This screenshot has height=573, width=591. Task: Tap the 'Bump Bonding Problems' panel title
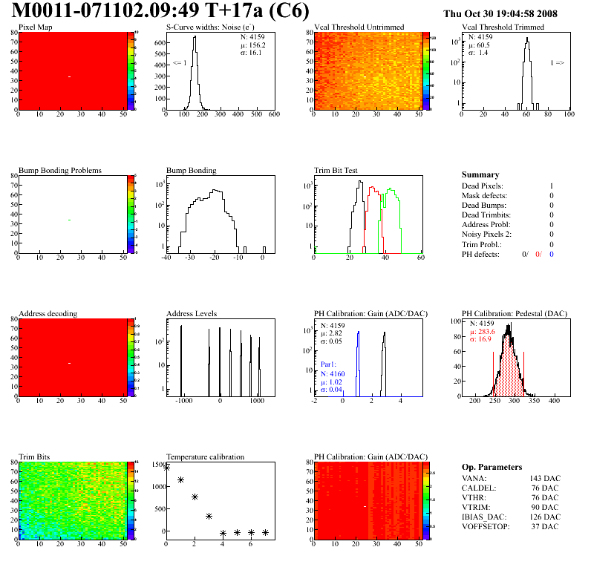(x=60, y=170)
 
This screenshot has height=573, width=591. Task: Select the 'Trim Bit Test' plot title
(x=336, y=170)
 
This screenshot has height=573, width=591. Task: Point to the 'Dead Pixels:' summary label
(x=482, y=186)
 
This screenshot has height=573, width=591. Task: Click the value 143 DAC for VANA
(x=545, y=479)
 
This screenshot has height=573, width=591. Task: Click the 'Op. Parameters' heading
(x=492, y=467)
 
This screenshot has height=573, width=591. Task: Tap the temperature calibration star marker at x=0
(x=166, y=468)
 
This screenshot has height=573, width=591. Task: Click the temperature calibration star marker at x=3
(x=209, y=516)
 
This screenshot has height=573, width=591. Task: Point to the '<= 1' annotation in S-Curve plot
(x=179, y=63)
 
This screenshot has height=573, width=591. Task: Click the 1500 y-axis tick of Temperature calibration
(x=156, y=465)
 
